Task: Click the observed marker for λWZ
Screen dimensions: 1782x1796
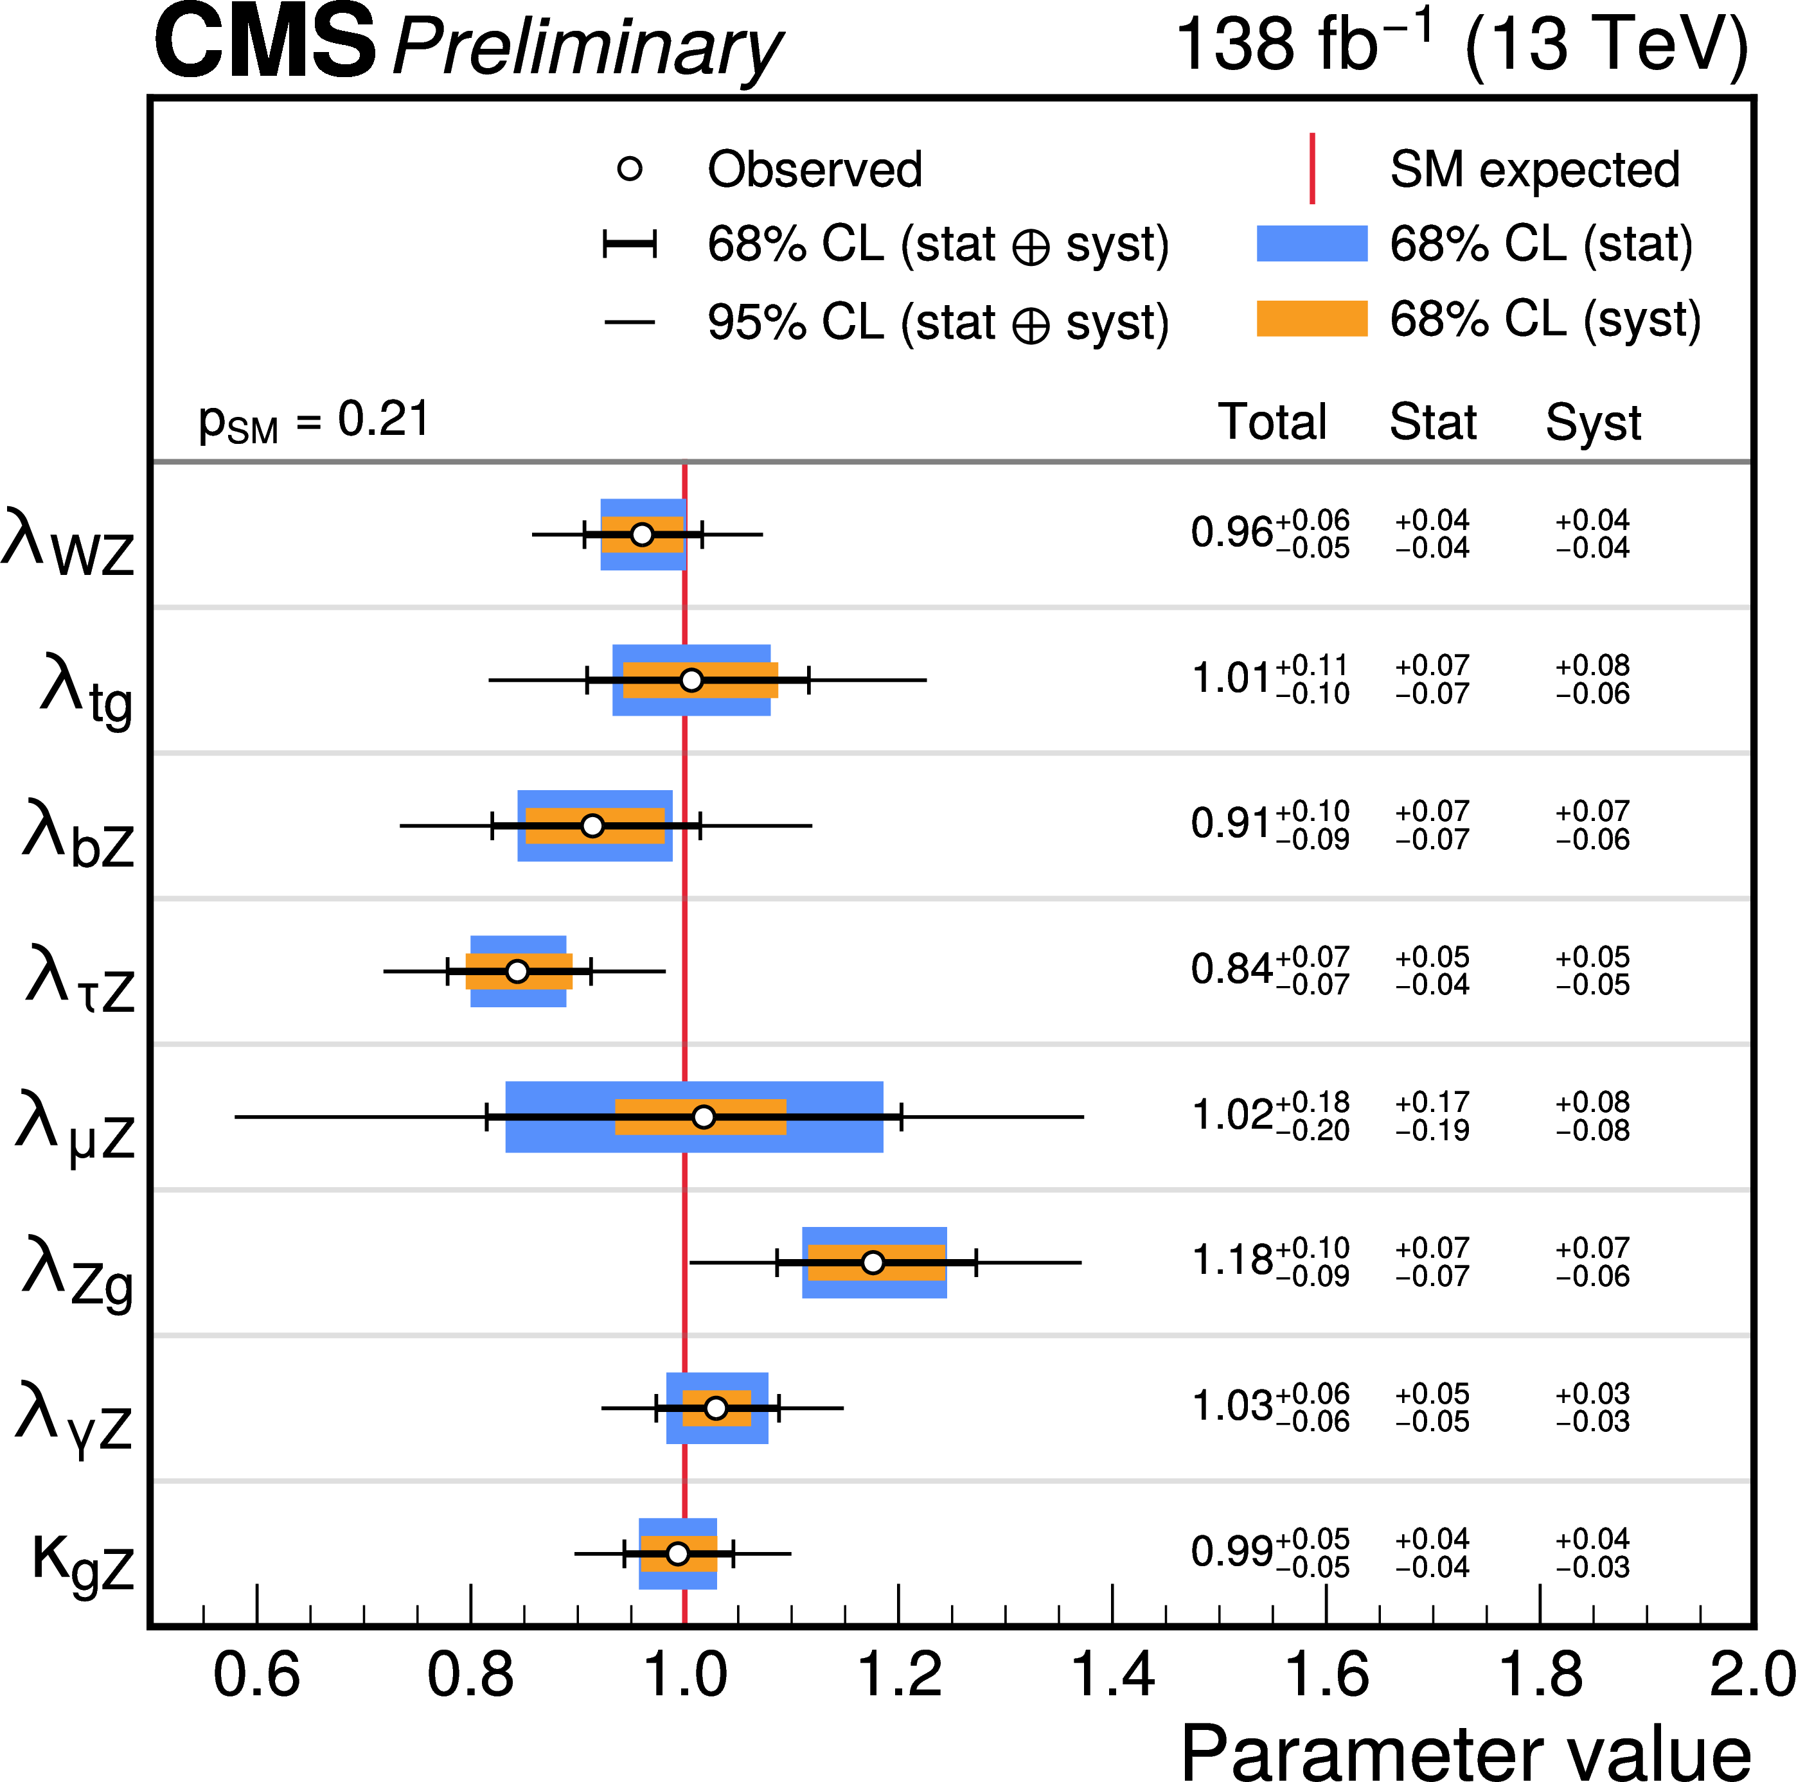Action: coord(641,534)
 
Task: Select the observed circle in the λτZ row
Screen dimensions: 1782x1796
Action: coord(517,971)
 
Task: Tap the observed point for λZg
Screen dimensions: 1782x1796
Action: coord(872,1262)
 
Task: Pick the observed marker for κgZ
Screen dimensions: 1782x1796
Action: coord(678,1553)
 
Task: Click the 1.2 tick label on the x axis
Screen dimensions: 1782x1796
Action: coord(898,1674)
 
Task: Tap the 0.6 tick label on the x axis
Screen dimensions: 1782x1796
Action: coord(256,1674)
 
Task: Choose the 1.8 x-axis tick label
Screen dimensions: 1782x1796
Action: coord(1540,1674)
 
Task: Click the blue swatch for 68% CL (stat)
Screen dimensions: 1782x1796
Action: coord(1311,243)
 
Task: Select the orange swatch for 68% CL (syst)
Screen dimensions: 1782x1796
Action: coord(1311,318)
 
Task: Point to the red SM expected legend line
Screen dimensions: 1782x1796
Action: coord(1311,168)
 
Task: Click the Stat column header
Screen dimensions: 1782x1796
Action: coord(1432,422)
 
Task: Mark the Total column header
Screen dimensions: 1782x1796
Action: coord(1272,422)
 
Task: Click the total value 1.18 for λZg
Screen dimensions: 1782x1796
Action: coord(1232,1262)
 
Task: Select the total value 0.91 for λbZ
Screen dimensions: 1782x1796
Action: coord(1231,825)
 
